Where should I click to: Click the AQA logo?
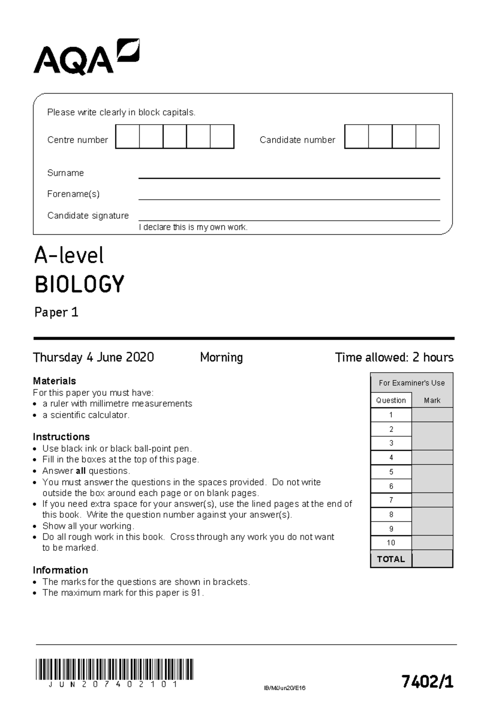point(86,57)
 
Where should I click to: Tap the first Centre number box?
point(127,137)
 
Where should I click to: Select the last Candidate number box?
point(427,137)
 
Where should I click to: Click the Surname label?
point(65,173)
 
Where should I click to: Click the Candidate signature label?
point(88,216)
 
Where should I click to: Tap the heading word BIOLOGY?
point(79,284)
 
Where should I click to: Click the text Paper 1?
point(56,312)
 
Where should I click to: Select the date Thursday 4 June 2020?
point(93,357)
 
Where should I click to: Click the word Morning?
point(221,357)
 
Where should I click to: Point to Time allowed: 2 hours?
point(394,357)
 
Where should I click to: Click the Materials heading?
point(54,381)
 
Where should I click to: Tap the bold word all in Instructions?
point(81,471)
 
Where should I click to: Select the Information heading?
point(60,570)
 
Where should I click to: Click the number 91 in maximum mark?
point(196,593)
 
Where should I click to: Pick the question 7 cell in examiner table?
point(391,500)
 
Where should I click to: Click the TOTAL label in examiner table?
point(391,559)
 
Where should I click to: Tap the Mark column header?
point(432,400)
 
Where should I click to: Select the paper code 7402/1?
point(427,681)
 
